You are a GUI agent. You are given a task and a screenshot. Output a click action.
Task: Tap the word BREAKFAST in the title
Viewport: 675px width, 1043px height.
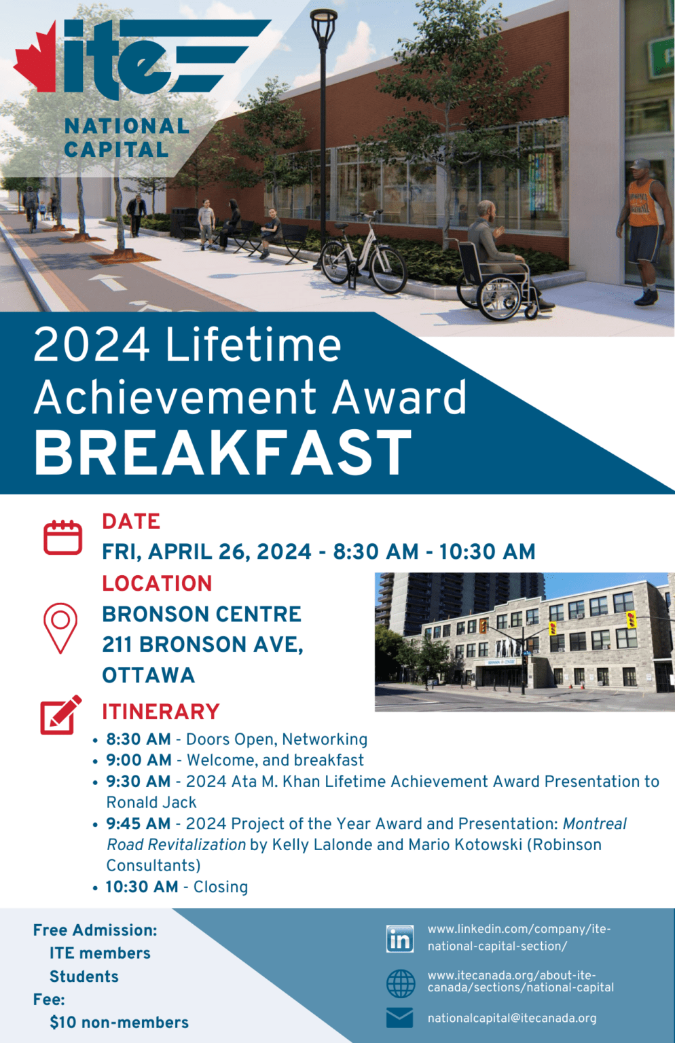coord(223,453)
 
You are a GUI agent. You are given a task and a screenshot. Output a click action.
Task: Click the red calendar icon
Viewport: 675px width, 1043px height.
coord(62,537)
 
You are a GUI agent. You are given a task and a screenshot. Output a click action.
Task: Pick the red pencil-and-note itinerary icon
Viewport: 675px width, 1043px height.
coord(60,714)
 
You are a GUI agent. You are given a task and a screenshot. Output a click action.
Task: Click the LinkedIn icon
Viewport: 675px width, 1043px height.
coord(400,938)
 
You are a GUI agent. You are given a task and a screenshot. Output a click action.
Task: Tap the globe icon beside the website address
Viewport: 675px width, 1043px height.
coord(400,983)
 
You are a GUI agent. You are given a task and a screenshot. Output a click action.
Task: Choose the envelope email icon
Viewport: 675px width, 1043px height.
coord(399,1018)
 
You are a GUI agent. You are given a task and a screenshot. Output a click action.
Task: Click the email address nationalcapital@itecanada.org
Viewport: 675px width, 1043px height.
coord(511,1018)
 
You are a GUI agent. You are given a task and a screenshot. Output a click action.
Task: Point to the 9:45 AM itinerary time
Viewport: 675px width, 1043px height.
coord(139,824)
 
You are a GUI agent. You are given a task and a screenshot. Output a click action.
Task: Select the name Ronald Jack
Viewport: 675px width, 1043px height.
coord(151,803)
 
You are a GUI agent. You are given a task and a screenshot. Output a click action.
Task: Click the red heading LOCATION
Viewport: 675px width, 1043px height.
coord(157,583)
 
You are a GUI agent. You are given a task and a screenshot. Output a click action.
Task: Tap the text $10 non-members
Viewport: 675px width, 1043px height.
coord(119,1023)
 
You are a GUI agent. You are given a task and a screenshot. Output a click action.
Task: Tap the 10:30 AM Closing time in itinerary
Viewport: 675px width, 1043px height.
coord(142,887)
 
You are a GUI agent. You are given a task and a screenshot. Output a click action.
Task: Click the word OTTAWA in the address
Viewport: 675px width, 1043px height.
coord(149,675)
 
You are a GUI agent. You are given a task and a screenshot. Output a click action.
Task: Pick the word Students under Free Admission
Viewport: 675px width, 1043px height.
coord(84,976)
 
